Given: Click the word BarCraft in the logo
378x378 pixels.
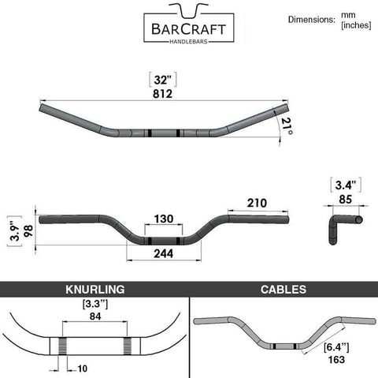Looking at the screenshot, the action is coord(189,29).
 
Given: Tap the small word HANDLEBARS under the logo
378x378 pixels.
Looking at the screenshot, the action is coord(188,42).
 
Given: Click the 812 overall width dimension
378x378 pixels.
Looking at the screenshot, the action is coord(162,94).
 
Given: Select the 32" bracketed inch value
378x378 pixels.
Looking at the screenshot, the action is coord(163,80).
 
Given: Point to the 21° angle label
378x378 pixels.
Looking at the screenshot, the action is coord(287,125).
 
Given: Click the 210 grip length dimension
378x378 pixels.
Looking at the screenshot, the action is coord(257,203).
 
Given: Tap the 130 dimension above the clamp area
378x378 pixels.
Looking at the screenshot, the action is coord(164,219).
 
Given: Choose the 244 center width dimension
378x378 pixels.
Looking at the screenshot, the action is coord(164,253).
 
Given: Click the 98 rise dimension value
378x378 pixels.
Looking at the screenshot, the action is coord(28,231).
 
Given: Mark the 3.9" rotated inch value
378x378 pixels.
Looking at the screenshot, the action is coord(16,232).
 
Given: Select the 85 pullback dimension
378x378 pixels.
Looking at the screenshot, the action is coord(345,200).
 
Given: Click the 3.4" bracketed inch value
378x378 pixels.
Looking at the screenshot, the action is coord(346,185).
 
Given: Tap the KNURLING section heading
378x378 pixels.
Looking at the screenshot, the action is coord(95,290).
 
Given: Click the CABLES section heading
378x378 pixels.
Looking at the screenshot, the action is coord(283,290).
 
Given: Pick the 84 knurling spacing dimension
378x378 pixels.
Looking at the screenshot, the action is coord(95,316).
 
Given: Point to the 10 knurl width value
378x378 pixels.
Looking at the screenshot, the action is coord(82,369).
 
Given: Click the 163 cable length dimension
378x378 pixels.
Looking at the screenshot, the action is coord(336,360).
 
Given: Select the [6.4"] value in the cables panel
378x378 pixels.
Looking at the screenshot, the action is coord(336,347).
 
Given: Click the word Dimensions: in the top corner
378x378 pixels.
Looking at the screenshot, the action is coord(312,20).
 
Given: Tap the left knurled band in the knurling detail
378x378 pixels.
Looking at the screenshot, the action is coord(62,346).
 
